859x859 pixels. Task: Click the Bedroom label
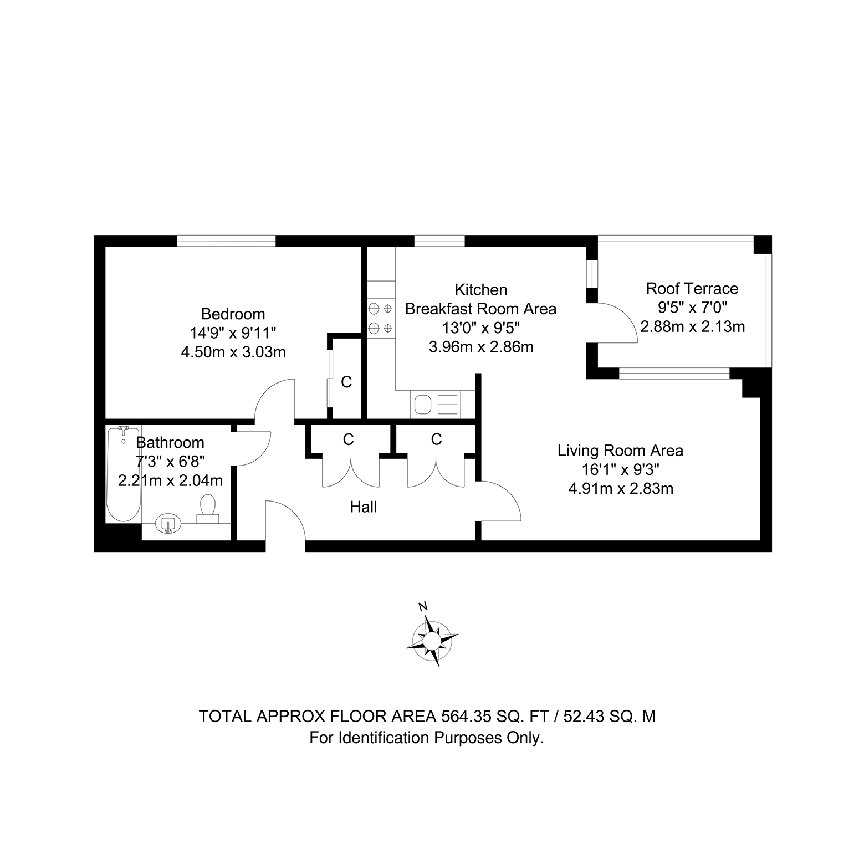[233, 314]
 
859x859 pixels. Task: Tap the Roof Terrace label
[692, 288]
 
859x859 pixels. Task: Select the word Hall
[364, 507]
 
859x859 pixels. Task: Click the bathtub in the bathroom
[124, 473]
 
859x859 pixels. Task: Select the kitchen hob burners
[381, 318]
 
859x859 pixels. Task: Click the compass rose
[432, 641]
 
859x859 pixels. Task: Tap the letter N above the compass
[423, 606]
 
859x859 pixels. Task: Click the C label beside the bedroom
[346, 382]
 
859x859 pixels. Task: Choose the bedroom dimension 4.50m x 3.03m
[233, 352]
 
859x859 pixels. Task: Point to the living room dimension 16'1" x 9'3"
[621, 470]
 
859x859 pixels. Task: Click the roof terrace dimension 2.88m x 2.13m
[692, 326]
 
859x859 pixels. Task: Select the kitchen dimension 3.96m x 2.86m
[481, 347]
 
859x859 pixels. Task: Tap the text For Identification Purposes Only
[427, 738]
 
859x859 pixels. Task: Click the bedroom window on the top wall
[226, 241]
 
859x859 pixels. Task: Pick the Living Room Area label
[620, 451]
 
